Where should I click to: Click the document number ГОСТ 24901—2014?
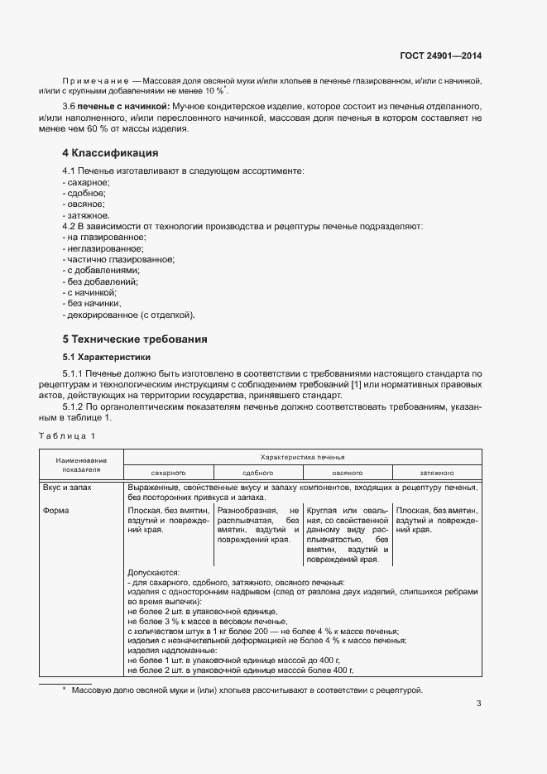point(440,56)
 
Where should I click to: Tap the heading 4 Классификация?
point(111,153)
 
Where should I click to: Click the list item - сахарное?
point(86,181)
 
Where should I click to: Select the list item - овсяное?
point(84,203)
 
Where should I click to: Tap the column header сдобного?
point(257,472)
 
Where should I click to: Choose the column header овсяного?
point(348,472)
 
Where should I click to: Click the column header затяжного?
point(437,472)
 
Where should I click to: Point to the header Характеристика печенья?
point(302,457)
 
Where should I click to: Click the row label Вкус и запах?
point(68,488)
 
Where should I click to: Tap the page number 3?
point(478,704)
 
